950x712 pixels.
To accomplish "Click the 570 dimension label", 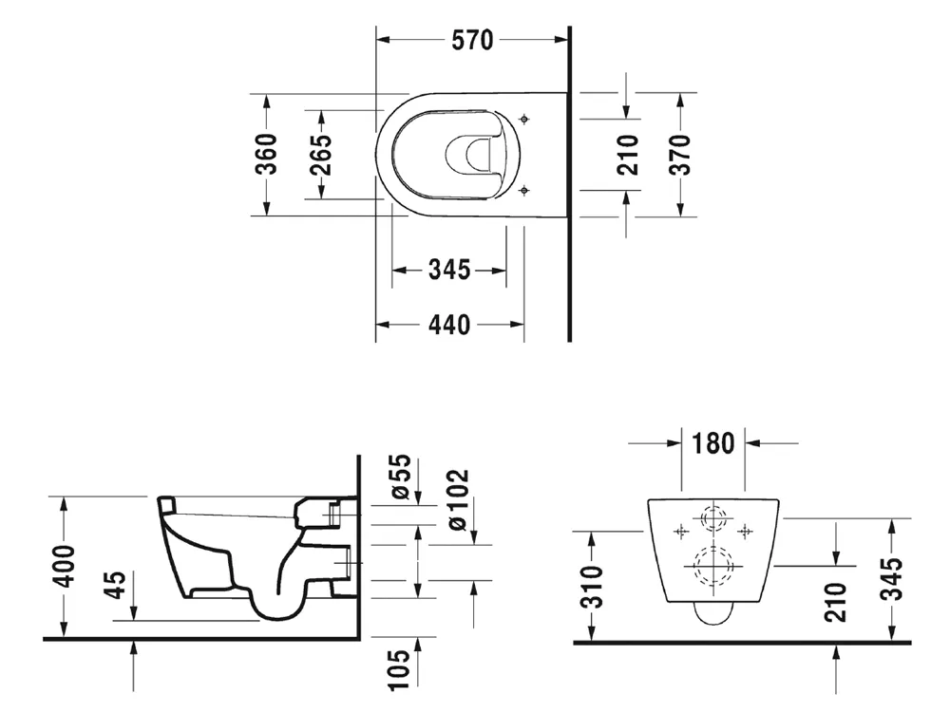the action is [x=472, y=41].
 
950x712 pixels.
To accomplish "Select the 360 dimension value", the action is [x=266, y=155].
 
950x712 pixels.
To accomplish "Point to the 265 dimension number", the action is [x=321, y=155].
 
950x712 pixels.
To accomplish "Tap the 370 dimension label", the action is [x=680, y=155].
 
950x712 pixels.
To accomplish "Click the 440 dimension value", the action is [x=449, y=325].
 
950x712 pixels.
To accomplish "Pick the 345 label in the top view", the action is [x=449, y=270].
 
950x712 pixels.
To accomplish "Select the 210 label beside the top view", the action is [x=628, y=155].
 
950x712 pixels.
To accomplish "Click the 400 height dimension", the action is [x=65, y=566].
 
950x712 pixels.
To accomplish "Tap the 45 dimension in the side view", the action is [x=115, y=584].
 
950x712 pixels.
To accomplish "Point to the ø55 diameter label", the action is [x=401, y=478].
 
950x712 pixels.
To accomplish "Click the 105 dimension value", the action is [x=400, y=669].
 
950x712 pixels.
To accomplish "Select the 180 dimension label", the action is [x=713, y=443].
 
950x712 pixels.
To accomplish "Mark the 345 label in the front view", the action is [x=891, y=579].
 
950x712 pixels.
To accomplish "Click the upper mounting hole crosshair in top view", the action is [x=524, y=119].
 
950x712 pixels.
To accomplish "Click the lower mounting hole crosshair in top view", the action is [x=524, y=192].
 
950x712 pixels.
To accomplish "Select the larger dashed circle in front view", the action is [x=713, y=567].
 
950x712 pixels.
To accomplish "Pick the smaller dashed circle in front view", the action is [x=713, y=518].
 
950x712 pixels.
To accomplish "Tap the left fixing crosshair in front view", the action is [x=681, y=532].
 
